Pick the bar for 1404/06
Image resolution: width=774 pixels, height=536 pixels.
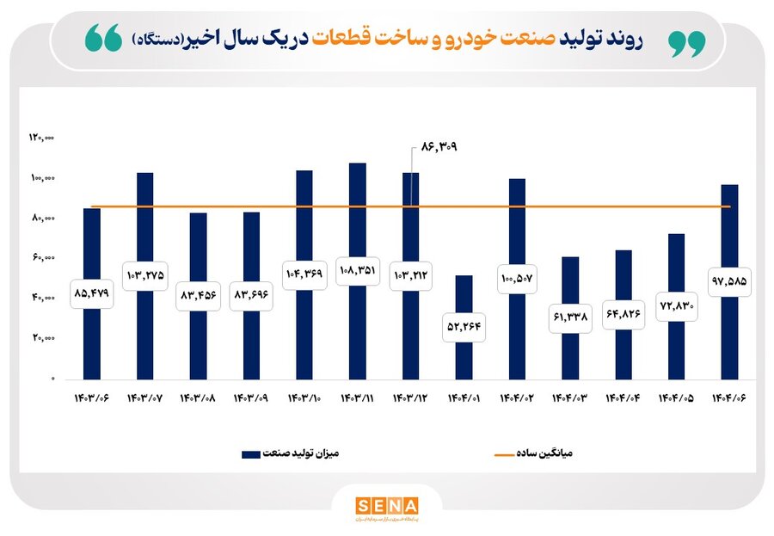[729, 241]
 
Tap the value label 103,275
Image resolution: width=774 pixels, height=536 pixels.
[145, 274]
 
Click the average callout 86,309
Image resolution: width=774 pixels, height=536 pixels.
[438, 147]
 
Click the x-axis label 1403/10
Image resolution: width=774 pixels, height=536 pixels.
[304, 399]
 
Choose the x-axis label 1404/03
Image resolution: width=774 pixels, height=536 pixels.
[569, 399]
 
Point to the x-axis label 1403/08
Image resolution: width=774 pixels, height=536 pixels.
[198, 399]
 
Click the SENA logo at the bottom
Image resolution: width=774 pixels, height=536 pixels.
[386, 506]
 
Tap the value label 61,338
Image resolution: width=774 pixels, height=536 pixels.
[569, 317]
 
